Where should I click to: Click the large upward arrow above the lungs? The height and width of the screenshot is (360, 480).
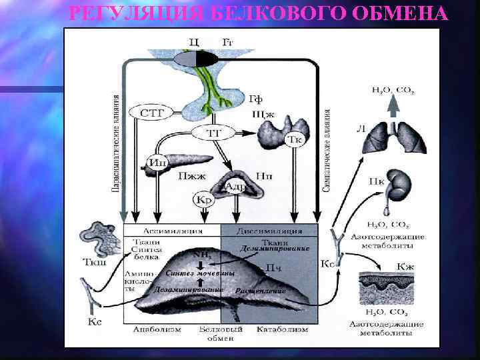(x=393, y=105)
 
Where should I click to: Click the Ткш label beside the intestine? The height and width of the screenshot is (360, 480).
(x=88, y=262)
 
